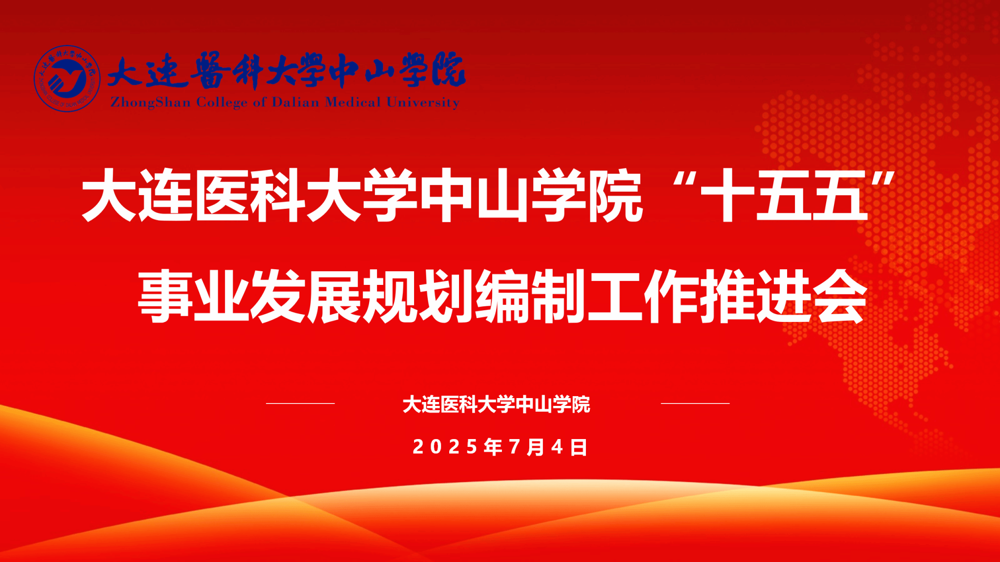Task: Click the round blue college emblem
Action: [67, 79]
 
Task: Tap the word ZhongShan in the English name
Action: [150, 102]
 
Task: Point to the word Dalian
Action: [295, 102]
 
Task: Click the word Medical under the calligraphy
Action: [353, 102]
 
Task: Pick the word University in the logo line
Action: [423, 102]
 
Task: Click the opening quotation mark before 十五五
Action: [684, 181]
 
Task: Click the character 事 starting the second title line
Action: [166, 296]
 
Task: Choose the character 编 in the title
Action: [502, 296]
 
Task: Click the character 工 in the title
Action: [615, 296]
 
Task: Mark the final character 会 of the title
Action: [839, 296]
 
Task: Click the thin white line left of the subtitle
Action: [300, 403]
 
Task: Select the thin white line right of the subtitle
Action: [695, 403]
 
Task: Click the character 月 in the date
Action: [536, 447]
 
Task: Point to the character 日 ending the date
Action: [579, 447]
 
